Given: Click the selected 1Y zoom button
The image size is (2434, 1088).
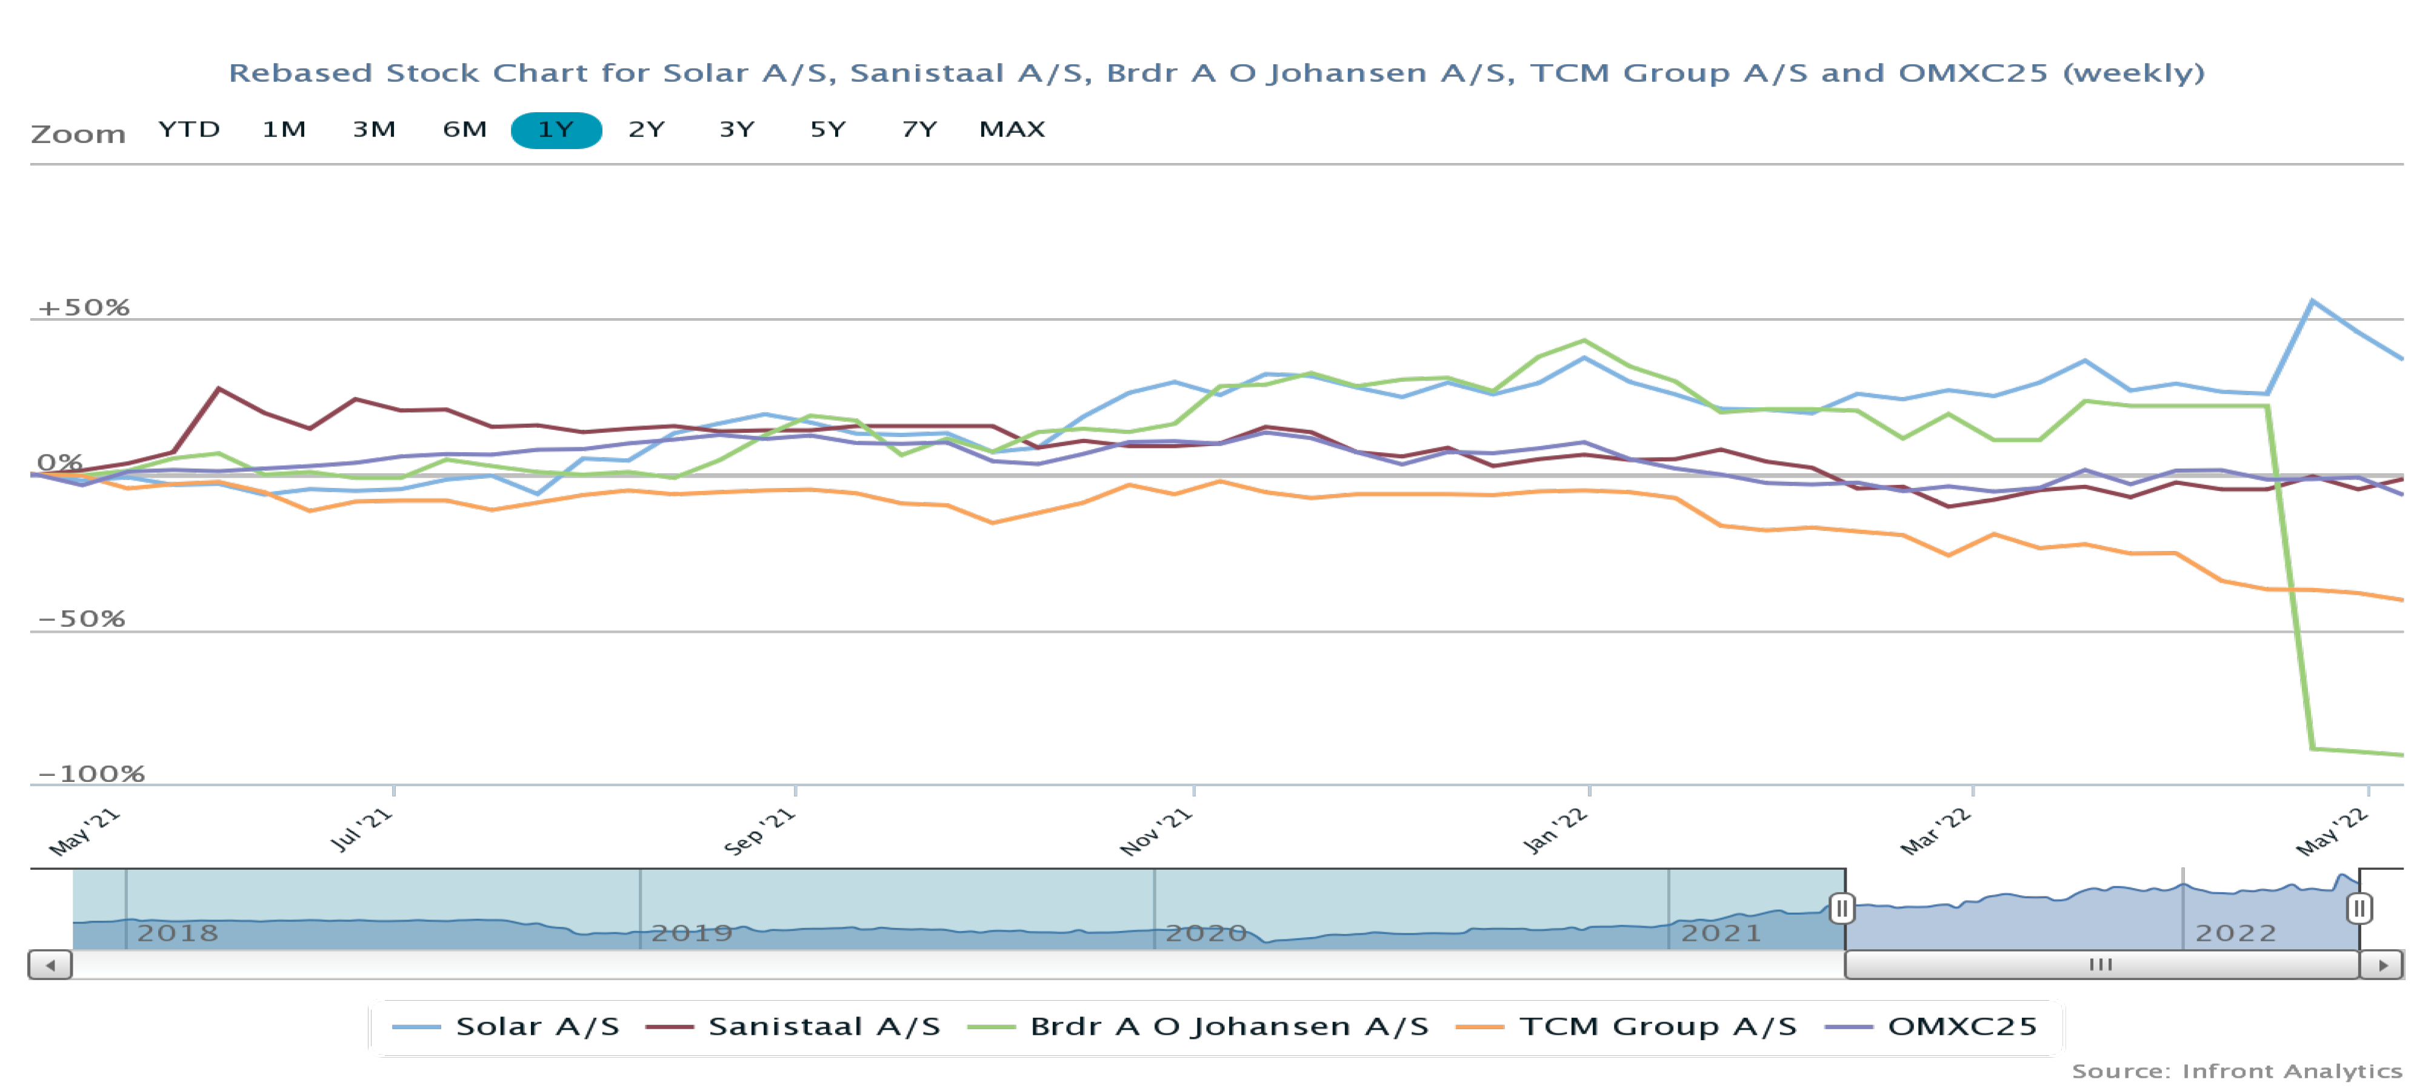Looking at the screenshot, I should pos(556,130).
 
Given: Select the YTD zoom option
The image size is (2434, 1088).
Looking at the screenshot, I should pos(189,130).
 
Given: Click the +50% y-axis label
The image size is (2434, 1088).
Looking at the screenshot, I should pos(83,308).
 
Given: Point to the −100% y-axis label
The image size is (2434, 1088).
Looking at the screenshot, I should pos(91,774).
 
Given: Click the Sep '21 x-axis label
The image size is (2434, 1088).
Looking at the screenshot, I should pos(759,832).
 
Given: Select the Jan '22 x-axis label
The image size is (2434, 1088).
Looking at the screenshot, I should pos(1555,832).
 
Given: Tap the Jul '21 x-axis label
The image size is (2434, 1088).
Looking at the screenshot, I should pos(361,830).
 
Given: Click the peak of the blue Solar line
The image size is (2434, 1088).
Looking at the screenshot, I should pos(2312,301).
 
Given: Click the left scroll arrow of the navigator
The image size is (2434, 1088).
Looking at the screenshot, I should pos(50,965).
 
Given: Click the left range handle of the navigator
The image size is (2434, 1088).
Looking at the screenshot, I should pos(1842,909).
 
